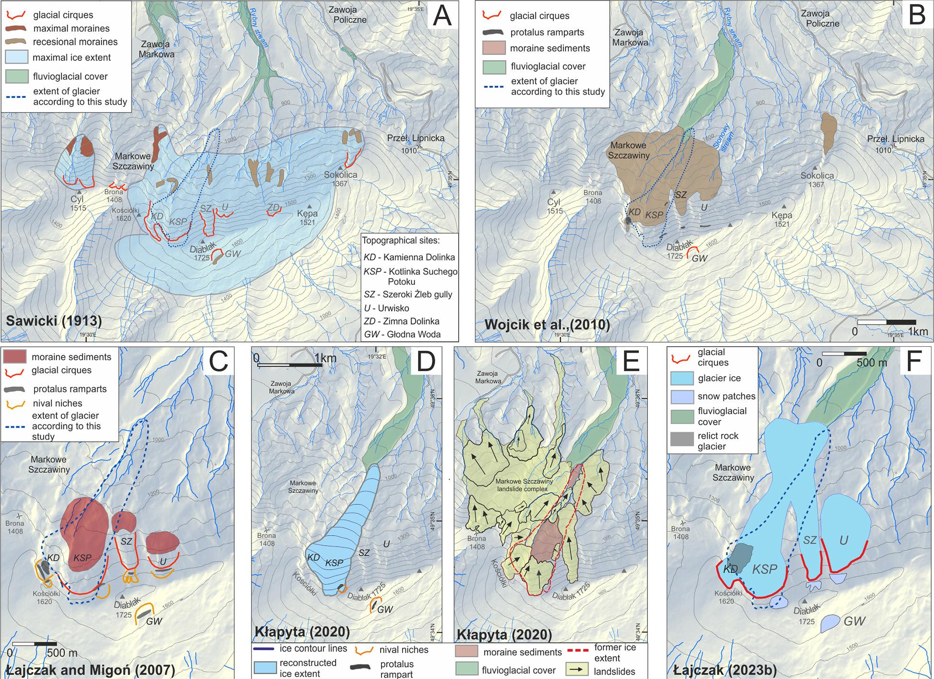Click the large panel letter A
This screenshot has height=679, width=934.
coord(442,16)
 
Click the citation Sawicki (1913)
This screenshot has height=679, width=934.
coord(54,321)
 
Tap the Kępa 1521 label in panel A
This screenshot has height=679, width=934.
coord(307,218)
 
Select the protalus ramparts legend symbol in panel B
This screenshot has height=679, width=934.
coord(493,33)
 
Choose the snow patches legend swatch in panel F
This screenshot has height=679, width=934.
coord(682,397)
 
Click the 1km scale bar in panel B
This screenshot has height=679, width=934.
coord(887,322)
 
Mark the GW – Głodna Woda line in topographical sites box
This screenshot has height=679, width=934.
coord(402,334)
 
